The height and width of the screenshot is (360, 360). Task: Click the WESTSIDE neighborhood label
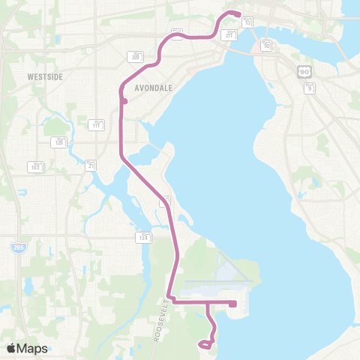coord(43,76)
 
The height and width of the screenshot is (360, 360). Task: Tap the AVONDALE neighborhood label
coord(153,87)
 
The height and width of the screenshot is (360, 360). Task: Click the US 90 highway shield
coord(303,70)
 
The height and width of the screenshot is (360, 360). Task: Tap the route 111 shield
coord(97,124)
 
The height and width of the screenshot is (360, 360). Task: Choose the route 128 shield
coord(59,141)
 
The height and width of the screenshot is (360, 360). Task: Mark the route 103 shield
coord(34,166)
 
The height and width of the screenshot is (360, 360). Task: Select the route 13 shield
coord(248,22)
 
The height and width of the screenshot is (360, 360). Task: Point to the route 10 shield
coord(266,46)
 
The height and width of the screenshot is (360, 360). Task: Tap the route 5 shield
coord(309,88)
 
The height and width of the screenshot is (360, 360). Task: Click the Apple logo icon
coord(12,348)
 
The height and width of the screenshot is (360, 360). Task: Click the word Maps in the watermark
coord(34,348)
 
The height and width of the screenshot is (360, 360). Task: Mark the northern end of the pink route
coord(238,15)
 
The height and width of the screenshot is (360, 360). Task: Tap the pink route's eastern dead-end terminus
coord(234,304)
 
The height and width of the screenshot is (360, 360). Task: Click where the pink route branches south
coord(208,303)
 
